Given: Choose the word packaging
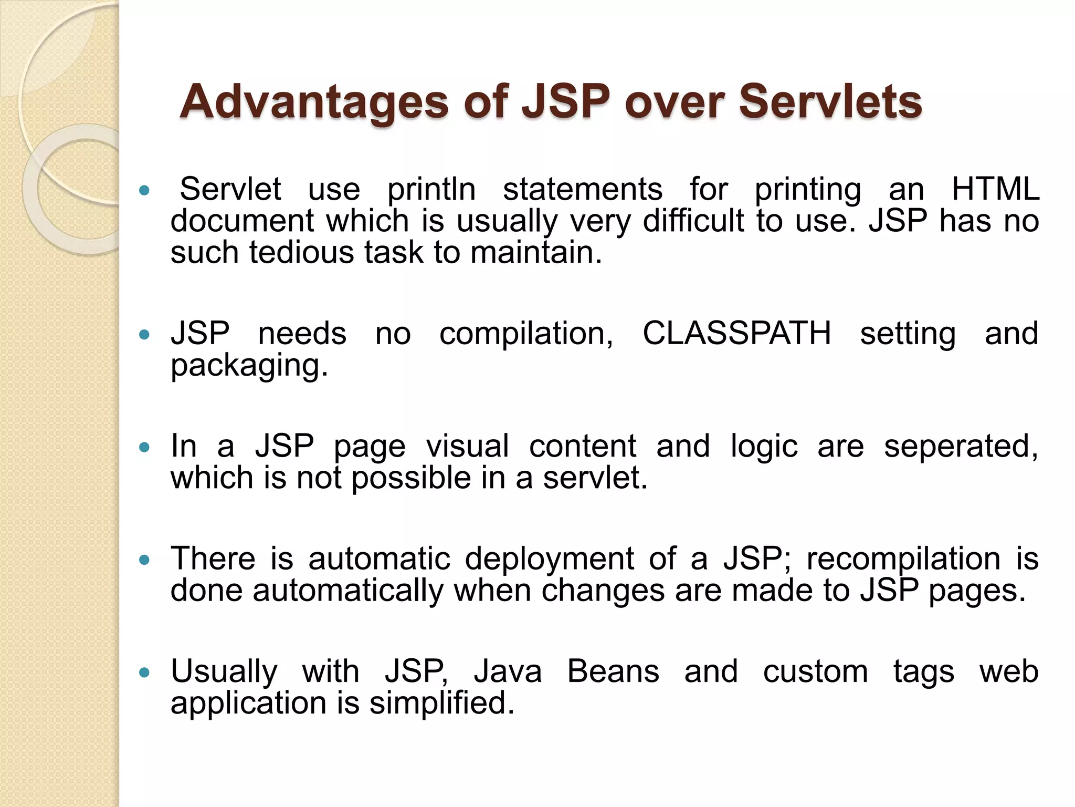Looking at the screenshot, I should (x=249, y=366).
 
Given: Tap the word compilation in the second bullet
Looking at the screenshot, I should (x=526, y=334).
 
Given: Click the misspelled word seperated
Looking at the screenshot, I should (x=961, y=447).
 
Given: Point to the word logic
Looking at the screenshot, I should (x=764, y=447).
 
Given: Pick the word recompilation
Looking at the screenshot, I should (x=903, y=559).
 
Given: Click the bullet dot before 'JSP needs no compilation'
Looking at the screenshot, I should (x=144, y=334).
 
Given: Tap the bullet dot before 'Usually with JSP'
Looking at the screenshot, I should (x=144, y=672).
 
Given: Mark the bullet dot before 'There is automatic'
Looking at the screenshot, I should (x=144, y=560).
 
